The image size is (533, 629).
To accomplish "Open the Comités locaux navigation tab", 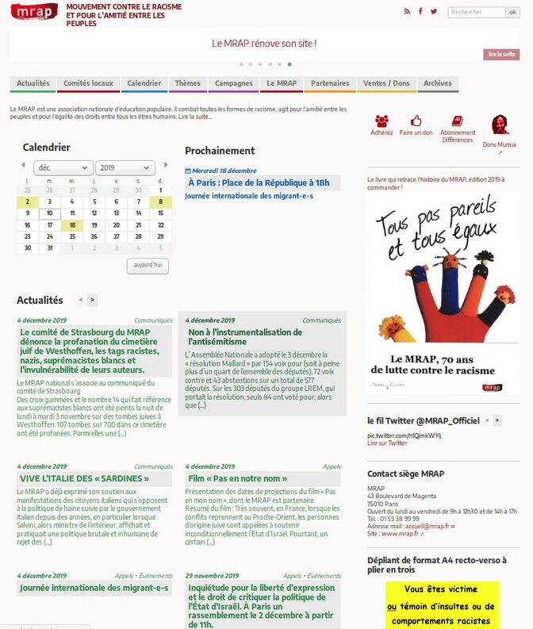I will (x=88, y=83).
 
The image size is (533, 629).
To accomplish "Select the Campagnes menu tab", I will (x=233, y=83).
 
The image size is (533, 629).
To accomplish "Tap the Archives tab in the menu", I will (x=437, y=83).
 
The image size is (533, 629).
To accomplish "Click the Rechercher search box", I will (x=476, y=12).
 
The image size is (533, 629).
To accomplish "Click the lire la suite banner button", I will (x=501, y=54).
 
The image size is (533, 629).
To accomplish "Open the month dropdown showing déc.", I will (x=63, y=167).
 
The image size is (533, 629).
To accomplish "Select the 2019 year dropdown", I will (x=125, y=167).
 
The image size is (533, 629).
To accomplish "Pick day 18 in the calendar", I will (x=72, y=225).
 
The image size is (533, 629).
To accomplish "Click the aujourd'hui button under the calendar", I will (x=148, y=265).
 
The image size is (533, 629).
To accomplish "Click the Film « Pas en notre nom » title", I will (x=238, y=479).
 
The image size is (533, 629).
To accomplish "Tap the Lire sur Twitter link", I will (x=386, y=443).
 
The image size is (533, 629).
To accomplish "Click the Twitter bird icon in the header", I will (x=432, y=11).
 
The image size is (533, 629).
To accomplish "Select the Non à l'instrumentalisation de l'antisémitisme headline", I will (x=245, y=336).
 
